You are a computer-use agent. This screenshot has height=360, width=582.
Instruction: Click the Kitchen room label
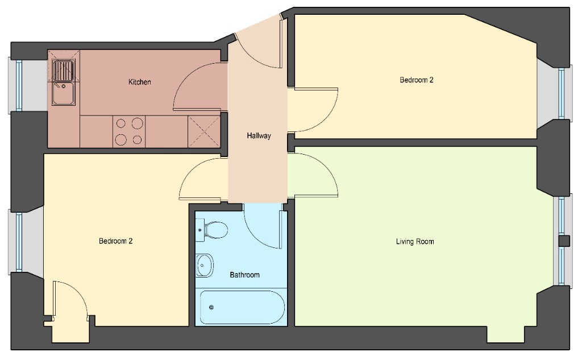point(140,82)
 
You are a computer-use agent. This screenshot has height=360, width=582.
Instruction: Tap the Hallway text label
point(259,135)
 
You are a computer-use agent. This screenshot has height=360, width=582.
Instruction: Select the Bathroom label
point(244,275)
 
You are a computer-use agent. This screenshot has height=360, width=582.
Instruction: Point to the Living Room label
point(415,242)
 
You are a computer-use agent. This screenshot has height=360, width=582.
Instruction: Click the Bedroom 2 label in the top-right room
point(417,80)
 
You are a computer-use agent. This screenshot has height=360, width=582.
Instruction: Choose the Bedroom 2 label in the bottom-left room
point(116,241)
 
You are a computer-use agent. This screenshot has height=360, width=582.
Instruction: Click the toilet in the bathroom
point(212,230)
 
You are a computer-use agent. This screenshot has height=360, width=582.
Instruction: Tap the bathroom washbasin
point(205,265)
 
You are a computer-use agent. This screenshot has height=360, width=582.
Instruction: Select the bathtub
point(242,307)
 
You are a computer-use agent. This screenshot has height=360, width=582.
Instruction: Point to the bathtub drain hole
point(211,307)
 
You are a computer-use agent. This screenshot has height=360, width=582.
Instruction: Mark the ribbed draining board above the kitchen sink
point(64,71)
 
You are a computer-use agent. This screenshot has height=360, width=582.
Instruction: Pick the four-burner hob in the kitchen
point(129,131)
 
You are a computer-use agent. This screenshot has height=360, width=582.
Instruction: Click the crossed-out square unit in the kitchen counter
point(204,131)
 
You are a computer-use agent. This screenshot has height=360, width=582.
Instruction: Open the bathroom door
point(264,226)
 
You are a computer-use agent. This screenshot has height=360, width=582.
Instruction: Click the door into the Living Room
point(313,175)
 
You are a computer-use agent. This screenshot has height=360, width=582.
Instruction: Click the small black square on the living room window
point(564,241)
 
